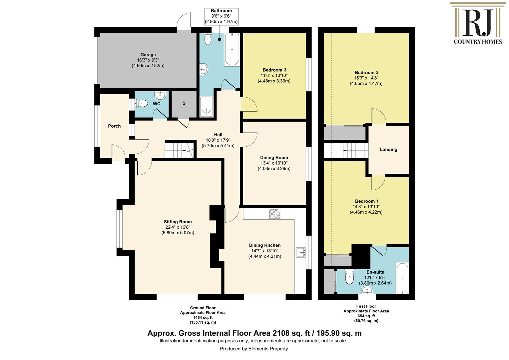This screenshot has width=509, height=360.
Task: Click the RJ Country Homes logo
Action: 478,23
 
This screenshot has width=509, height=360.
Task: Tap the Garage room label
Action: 148,55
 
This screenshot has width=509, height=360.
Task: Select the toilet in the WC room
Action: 141,104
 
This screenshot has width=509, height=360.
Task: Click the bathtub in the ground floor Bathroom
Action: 232,50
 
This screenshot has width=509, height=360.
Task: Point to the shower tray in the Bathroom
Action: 207,107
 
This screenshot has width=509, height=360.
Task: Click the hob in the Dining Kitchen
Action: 274,214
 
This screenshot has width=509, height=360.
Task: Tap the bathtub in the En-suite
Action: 402,278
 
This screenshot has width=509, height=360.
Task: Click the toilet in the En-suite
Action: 349,277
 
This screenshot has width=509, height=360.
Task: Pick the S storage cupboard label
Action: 184,103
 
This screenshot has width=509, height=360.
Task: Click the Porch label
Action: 114,126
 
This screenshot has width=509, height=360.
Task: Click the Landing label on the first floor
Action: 388,149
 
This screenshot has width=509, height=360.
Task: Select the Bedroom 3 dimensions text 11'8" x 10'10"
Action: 274,76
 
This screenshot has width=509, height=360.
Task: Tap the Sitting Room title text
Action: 178,222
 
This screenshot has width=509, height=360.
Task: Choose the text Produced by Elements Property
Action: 254,349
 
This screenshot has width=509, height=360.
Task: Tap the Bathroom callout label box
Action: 221,16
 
